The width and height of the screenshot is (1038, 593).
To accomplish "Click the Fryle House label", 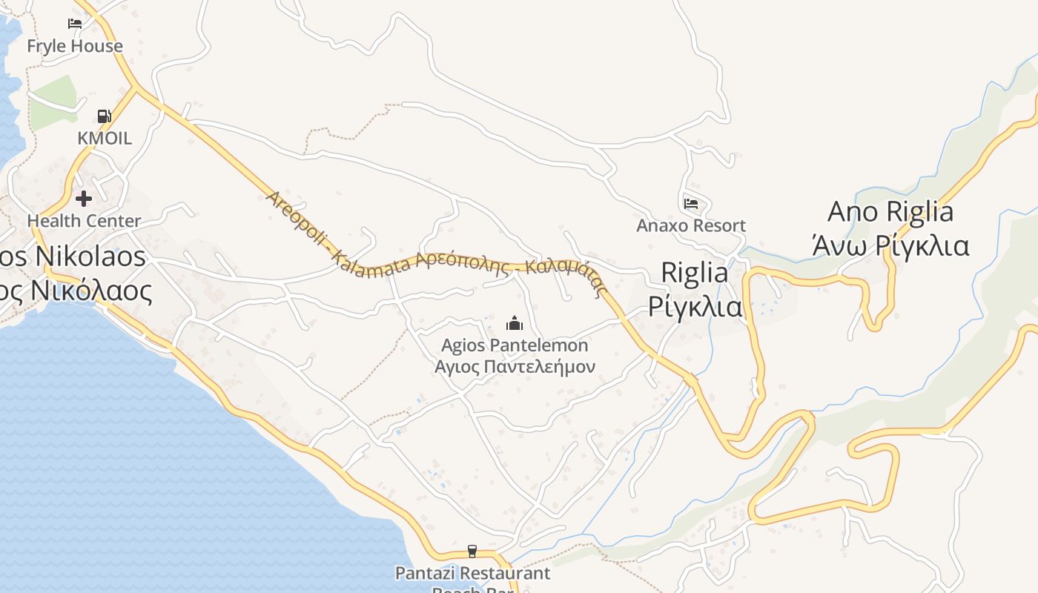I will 75,46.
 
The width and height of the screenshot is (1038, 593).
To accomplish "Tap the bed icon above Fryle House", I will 75,23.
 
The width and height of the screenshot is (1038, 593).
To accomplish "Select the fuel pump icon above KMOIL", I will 105,116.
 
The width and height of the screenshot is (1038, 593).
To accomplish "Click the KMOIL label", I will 105,138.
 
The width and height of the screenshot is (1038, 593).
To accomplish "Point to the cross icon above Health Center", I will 84,199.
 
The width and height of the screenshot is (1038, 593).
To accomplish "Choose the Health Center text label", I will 84,221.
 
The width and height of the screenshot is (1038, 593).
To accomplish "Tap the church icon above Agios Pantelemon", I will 515,323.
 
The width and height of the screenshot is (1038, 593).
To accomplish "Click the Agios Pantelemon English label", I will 515,345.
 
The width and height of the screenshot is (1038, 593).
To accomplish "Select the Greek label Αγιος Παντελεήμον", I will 515,366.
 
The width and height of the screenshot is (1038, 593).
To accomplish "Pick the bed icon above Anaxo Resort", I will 691,203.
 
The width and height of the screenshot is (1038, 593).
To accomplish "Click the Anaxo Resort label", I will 691,225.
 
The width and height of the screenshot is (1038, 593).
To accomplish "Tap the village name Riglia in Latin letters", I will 695,273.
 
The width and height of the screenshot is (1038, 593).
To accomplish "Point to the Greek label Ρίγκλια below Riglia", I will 695,305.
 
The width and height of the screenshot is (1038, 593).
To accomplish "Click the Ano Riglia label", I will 890,212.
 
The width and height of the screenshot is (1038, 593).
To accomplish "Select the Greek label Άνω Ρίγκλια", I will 890,245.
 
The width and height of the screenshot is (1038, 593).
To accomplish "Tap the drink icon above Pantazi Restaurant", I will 472,551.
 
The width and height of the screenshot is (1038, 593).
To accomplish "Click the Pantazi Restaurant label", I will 472,573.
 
